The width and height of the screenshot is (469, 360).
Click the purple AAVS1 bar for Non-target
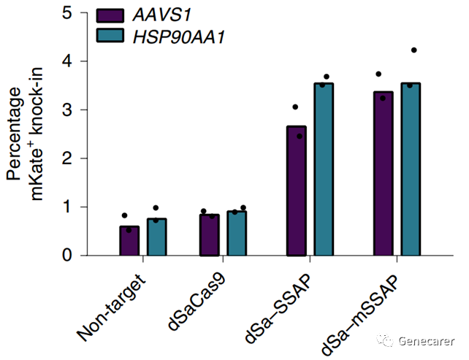[x=129, y=241]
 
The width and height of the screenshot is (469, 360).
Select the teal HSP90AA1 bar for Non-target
[x=156, y=237]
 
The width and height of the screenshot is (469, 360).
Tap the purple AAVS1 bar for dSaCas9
[x=210, y=235]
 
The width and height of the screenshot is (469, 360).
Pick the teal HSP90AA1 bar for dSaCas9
[x=237, y=234]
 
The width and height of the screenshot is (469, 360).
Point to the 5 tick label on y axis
[x=67, y=13]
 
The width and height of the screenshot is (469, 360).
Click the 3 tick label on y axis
[x=67, y=110]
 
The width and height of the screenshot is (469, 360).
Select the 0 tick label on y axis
[x=67, y=255]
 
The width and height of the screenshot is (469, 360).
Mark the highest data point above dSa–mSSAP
[x=413, y=50]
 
